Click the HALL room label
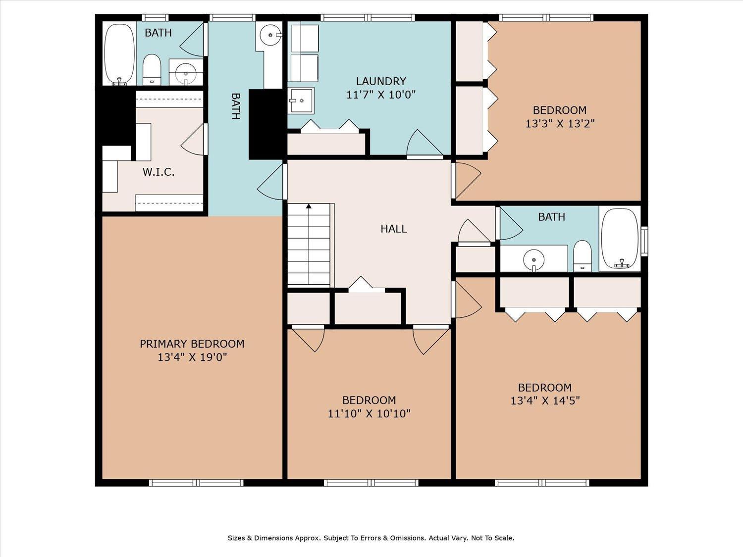click(x=394, y=229)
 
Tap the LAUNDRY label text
click(x=381, y=81)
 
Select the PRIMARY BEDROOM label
click(x=192, y=344)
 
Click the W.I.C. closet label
click(x=159, y=172)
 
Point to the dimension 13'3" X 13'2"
click(x=560, y=123)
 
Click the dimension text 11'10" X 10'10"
click(x=369, y=413)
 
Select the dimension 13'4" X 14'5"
click(x=545, y=401)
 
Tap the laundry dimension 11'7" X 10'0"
click(x=381, y=95)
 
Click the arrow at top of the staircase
click(x=309, y=206)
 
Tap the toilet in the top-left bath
click(x=152, y=69)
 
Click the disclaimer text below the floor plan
click(x=371, y=538)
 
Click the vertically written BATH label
click(x=236, y=106)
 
